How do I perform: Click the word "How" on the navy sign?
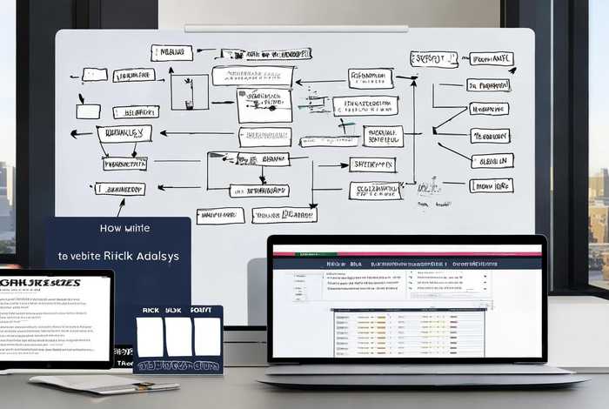[x=88, y=228]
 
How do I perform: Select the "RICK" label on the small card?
[x=150, y=310]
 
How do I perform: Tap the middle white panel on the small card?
[x=178, y=336]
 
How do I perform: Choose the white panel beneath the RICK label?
[x=150, y=336]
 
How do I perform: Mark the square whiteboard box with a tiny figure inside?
[x=189, y=91]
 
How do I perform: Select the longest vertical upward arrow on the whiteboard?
[x=413, y=131]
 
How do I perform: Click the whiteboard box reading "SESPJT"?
[x=433, y=59]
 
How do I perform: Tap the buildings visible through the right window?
[x=598, y=209]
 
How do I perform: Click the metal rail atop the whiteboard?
[x=296, y=29]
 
